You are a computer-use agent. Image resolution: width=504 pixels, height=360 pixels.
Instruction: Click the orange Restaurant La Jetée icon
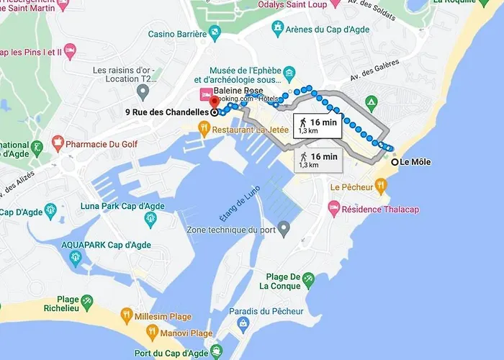pos(204,129)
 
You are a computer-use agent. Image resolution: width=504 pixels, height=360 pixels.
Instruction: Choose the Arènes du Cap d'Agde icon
pos(277,28)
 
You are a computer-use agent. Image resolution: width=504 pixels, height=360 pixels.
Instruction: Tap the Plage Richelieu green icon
pos(87,300)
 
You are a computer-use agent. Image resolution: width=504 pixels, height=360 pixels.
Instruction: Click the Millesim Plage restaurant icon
pos(127,315)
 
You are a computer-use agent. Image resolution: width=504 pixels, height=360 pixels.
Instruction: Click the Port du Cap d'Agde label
pos(171,353)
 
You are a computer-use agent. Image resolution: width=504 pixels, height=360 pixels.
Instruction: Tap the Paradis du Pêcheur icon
pos(243,324)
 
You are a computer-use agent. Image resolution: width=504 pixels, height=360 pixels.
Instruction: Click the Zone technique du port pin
pos(284,230)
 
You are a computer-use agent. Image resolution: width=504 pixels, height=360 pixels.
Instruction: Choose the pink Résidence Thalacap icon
pos(334,209)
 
